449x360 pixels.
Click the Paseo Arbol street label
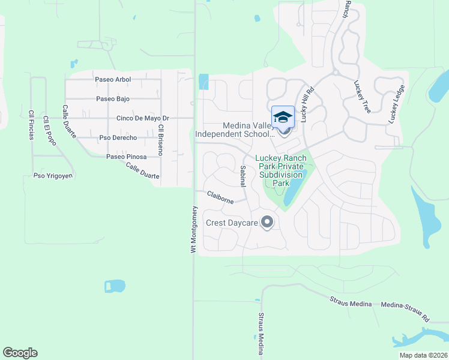[113, 79]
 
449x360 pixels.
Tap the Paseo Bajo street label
[113, 99]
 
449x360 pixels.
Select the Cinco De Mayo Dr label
[143, 118]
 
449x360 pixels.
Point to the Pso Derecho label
[118, 138]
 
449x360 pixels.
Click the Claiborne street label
[220, 197]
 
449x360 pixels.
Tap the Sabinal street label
[243, 176]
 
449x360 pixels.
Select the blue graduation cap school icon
[283, 117]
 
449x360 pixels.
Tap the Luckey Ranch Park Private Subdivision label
[281, 170]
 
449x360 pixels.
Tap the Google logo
[20, 353]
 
